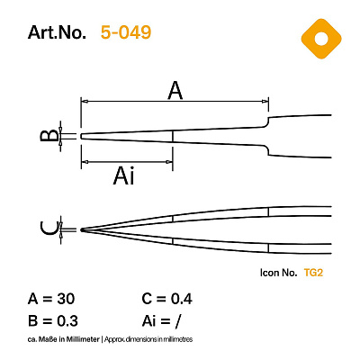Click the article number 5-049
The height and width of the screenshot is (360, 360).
tap(126, 32)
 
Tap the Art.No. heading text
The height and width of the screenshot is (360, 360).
tap(57, 32)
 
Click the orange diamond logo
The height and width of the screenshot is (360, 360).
tap(321, 39)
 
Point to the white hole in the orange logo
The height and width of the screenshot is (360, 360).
tap(321, 39)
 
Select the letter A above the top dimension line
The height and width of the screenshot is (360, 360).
tap(175, 91)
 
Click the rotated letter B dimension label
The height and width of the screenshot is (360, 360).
tap(49, 136)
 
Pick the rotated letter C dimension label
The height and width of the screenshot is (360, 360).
tap(49, 229)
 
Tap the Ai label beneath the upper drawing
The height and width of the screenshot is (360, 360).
tap(123, 176)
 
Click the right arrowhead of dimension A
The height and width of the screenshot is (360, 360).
tap(265, 102)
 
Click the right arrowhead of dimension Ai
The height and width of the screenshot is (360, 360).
tap(169, 162)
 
